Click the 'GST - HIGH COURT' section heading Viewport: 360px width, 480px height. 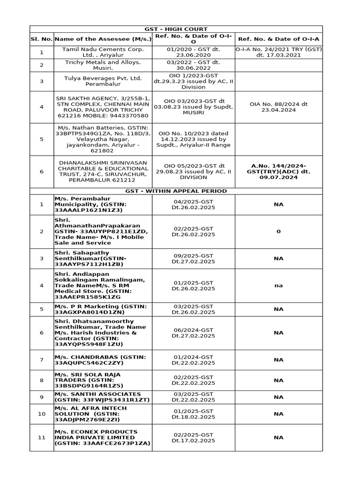pyautogui.click(x=176, y=29)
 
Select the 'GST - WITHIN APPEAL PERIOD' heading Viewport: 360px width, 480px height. pyautogui.click(x=176, y=191)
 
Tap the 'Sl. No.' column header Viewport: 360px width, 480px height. pyautogui.click(x=41, y=39)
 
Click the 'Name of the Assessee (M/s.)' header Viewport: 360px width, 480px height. pyautogui.click(x=103, y=39)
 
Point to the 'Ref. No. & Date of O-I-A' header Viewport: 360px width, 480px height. pyautogui.click(x=278, y=39)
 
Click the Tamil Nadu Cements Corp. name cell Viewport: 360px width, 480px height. pyautogui.click(x=103, y=52)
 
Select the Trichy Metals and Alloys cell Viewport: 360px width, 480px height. pyautogui.click(x=103, y=65)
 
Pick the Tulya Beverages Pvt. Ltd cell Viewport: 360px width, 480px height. pyautogui.click(x=103, y=81)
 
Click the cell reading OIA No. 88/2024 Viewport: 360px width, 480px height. pyautogui.click(x=278, y=107)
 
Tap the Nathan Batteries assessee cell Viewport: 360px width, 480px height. pyautogui.click(x=103, y=139)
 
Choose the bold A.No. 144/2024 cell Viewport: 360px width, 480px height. pyautogui.click(x=278, y=172)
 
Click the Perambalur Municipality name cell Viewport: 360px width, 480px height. pyautogui.click(x=103, y=204)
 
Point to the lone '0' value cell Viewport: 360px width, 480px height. pyautogui.click(x=278, y=231)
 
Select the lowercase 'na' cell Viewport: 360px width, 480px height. pyautogui.click(x=278, y=285)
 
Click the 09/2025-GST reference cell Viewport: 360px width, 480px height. pyautogui.click(x=193, y=258)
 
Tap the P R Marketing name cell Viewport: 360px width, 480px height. pyautogui.click(x=103, y=309)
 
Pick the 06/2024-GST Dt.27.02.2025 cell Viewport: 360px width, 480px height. pyautogui.click(x=193, y=333)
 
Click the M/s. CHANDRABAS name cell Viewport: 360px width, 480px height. pyautogui.click(x=103, y=360)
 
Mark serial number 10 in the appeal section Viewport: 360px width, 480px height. pyautogui.click(x=41, y=414)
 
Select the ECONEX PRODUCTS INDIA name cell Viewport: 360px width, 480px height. pyautogui.click(x=103, y=437)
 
